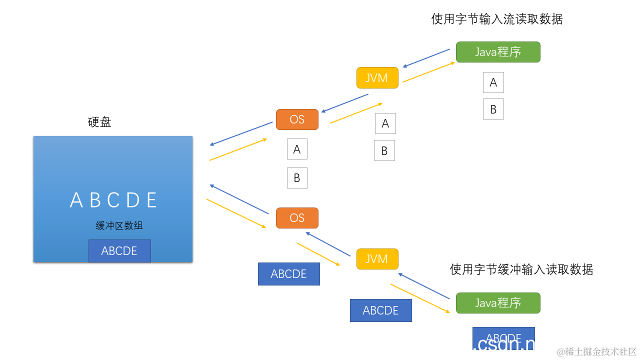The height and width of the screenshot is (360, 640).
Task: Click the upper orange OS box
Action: click(297, 119)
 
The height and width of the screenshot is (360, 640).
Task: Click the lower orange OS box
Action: click(297, 218)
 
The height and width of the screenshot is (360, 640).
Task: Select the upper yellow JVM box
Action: click(377, 77)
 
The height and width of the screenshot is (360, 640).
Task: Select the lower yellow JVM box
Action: click(377, 259)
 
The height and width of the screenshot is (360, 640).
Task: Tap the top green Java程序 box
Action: click(498, 52)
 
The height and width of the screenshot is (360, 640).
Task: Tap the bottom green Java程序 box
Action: click(498, 303)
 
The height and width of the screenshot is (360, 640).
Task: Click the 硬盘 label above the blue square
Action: click(99, 122)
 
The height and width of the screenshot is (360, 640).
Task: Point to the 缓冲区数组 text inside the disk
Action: click(119, 226)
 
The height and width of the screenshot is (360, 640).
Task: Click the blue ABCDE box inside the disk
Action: click(119, 251)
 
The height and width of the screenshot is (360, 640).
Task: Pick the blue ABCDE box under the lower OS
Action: click(288, 274)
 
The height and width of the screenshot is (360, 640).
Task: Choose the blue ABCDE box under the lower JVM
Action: click(380, 310)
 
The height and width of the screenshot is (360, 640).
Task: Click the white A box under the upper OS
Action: click(297, 149)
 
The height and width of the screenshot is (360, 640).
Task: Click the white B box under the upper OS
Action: click(297, 178)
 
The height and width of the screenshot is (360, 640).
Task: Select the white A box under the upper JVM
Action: click(385, 123)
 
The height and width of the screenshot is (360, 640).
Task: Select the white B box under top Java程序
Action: click(493, 109)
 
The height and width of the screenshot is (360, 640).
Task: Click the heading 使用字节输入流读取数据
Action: click(497, 19)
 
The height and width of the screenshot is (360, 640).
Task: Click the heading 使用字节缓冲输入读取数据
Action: click(521, 269)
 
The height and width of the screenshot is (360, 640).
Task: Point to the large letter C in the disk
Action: click(113, 200)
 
